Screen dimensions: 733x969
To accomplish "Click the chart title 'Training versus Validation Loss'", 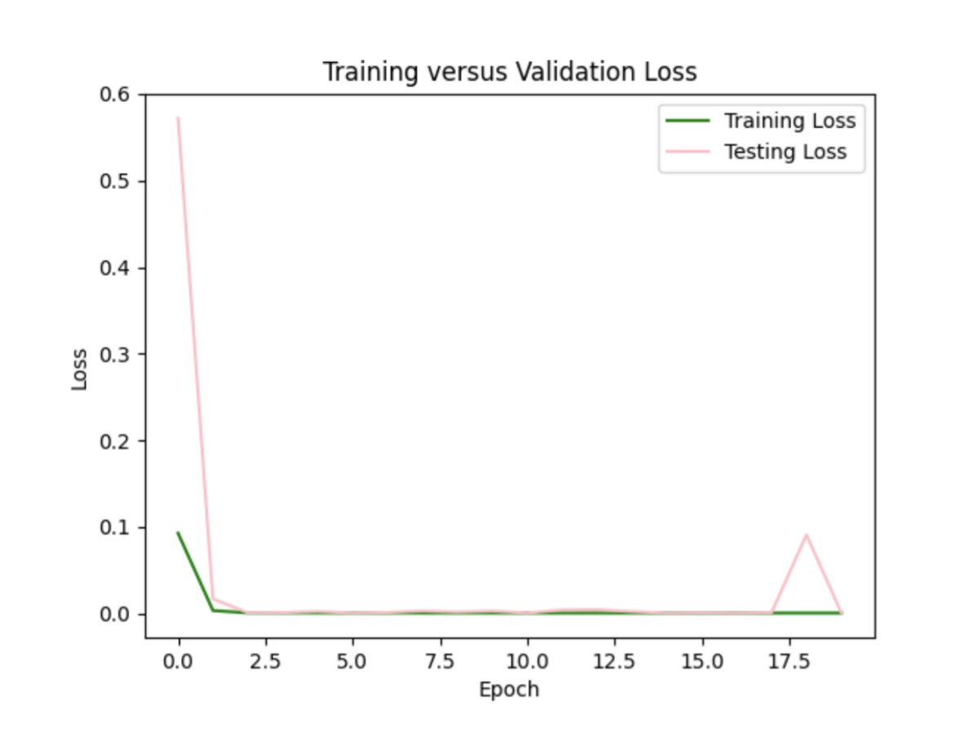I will click(x=510, y=72).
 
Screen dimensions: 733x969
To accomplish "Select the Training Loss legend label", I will click(x=790, y=121).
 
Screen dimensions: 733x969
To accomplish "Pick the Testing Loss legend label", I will click(x=785, y=152).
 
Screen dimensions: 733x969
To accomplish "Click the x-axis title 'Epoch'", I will click(x=509, y=690).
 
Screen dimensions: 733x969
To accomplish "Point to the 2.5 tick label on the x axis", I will click(x=265, y=660).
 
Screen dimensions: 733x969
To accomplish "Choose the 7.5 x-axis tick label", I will click(x=440, y=660).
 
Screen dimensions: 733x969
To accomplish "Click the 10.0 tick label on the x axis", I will click(x=527, y=660).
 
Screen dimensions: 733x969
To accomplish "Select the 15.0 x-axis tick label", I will click(x=701, y=660).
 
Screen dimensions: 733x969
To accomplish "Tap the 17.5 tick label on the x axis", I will click(x=789, y=660).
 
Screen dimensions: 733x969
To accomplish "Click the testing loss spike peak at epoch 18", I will click(x=806, y=535).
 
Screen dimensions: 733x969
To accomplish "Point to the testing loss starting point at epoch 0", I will click(x=178, y=118).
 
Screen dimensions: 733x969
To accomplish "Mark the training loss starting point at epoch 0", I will click(x=178, y=533).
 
